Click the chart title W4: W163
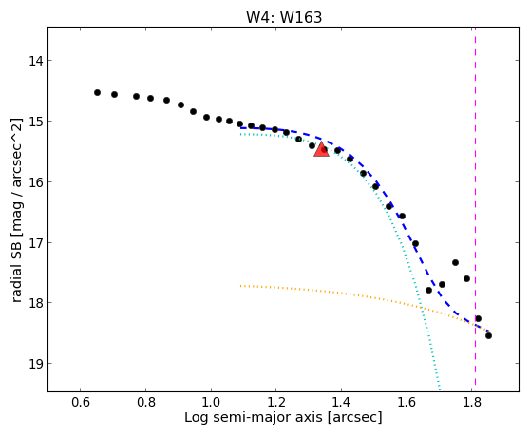coord(284,17)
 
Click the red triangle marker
coord(321,149)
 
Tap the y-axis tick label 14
coord(35,61)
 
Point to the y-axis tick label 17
coord(35,242)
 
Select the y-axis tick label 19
coord(35,364)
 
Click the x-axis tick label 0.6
coord(81,402)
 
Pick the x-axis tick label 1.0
coord(211,402)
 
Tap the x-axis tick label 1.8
coord(472,402)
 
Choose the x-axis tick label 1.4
coord(341,402)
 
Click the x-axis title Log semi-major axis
coord(254,417)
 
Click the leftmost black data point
coord(97,92)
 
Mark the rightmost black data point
coord(488,335)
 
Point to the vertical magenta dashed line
coord(475,206)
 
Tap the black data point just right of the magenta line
coord(478,319)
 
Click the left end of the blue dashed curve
coord(240,128)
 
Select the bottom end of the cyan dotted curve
coord(440,390)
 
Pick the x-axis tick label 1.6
coord(407,402)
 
